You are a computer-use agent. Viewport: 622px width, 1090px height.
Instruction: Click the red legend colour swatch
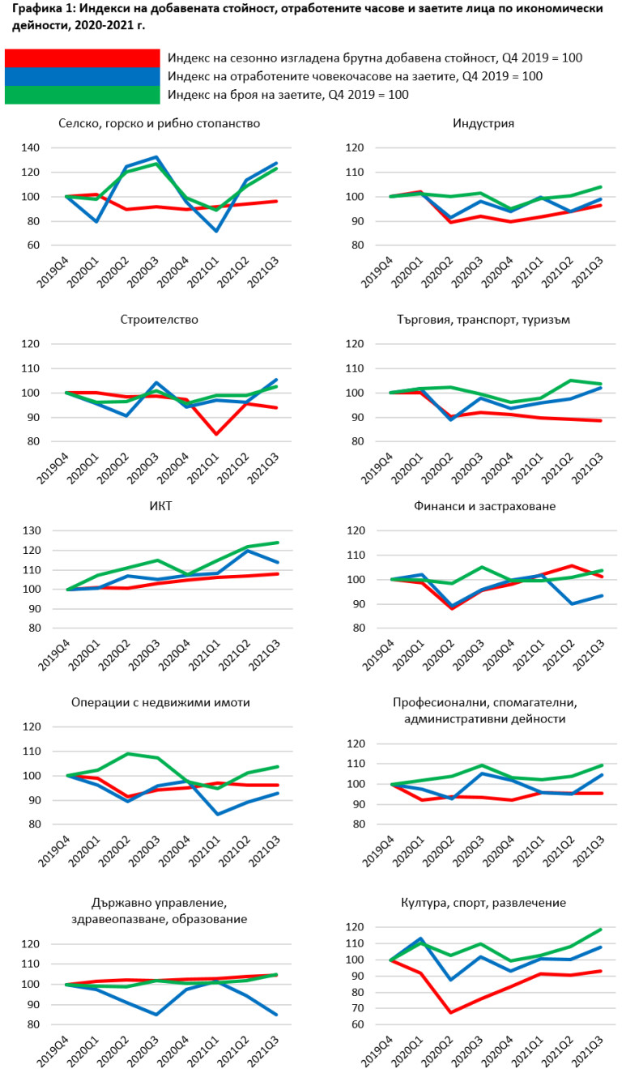pyautogui.click(x=82, y=58)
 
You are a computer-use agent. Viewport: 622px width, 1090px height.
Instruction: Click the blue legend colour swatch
pyautogui.click(x=82, y=76)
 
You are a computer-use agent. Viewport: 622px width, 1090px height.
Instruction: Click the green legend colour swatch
pyautogui.click(x=82, y=95)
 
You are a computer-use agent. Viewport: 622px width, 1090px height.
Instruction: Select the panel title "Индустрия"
pyautogui.click(x=484, y=124)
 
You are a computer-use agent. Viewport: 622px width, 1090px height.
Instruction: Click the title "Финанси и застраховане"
pyautogui.click(x=484, y=506)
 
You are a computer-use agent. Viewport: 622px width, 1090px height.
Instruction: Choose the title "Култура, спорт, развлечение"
pyautogui.click(x=484, y=903)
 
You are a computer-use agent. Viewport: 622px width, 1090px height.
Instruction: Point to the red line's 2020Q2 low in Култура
pyautogui.click(x=451, y=1012)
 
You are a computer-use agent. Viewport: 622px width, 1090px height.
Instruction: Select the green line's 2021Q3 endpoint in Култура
pyautogui.click(x=599, y=929)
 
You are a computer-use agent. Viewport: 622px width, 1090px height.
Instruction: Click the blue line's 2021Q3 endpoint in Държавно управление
pyautogui.click(x=276, y=1015)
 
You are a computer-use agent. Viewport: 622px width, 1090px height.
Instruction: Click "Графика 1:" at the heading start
pyautogui.click(x=40, y=9)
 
